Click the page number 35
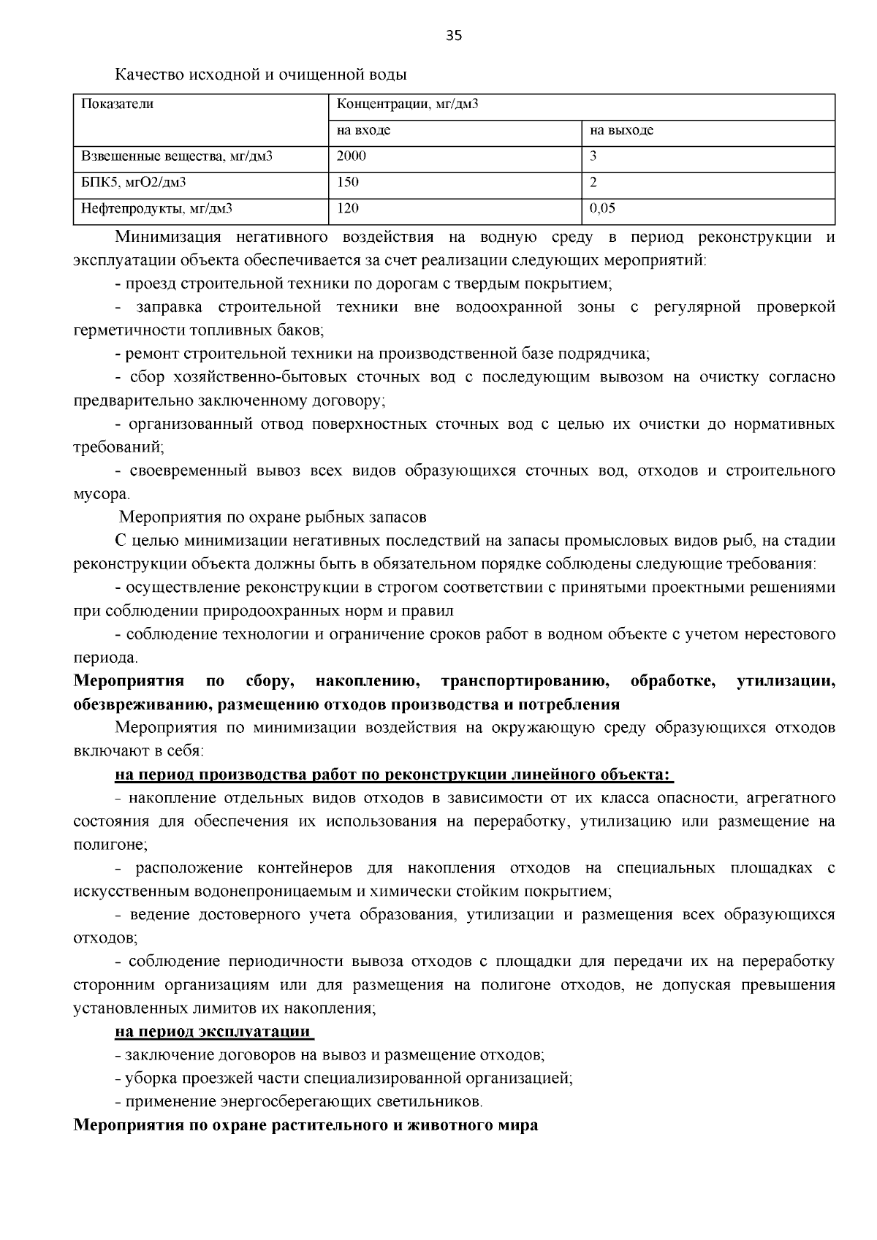coord(453,36)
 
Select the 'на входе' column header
coord(363,131)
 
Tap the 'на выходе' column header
coord(621,131)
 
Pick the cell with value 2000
coord(351,156)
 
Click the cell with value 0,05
coord(602,208)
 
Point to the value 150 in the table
coord(347,182)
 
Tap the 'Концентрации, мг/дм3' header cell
coord(407,104)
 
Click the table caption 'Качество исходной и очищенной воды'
coord(260,75)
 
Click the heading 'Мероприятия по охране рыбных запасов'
coord(273,517)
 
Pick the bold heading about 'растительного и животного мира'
coord(305,1125)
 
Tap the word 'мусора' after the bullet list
coord(99,495)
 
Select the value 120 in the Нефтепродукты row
coord(347,208)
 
